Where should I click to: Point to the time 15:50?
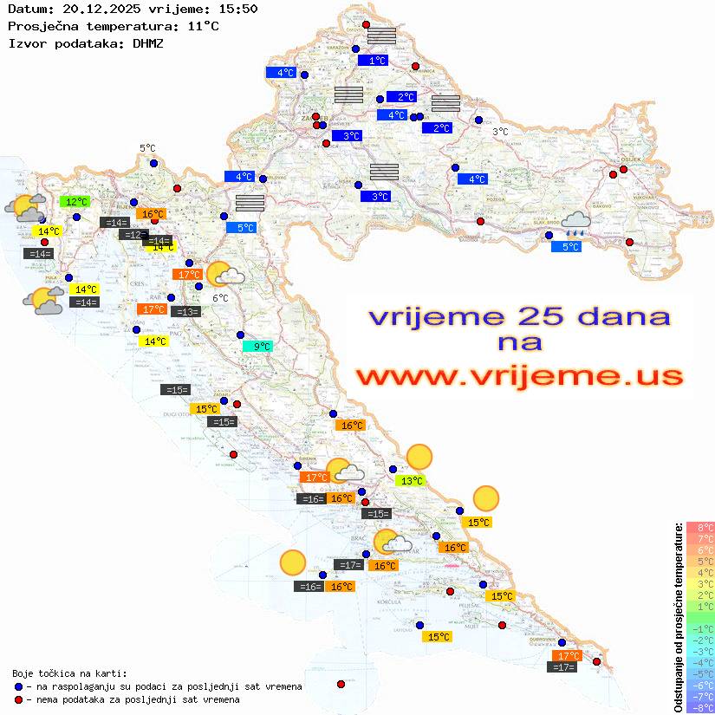238,9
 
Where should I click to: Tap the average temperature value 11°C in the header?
203,26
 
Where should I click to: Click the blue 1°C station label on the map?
376,61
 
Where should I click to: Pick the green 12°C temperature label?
75,201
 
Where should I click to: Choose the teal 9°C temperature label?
258,347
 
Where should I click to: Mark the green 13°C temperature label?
410,480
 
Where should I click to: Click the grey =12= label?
133,235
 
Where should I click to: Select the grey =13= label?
185,312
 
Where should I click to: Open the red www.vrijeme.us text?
519,376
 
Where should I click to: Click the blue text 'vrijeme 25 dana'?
519,316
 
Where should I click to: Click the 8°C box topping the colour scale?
700,527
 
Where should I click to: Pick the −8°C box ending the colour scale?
700,707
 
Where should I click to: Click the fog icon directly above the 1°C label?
381,36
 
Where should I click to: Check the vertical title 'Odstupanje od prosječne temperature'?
678,618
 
